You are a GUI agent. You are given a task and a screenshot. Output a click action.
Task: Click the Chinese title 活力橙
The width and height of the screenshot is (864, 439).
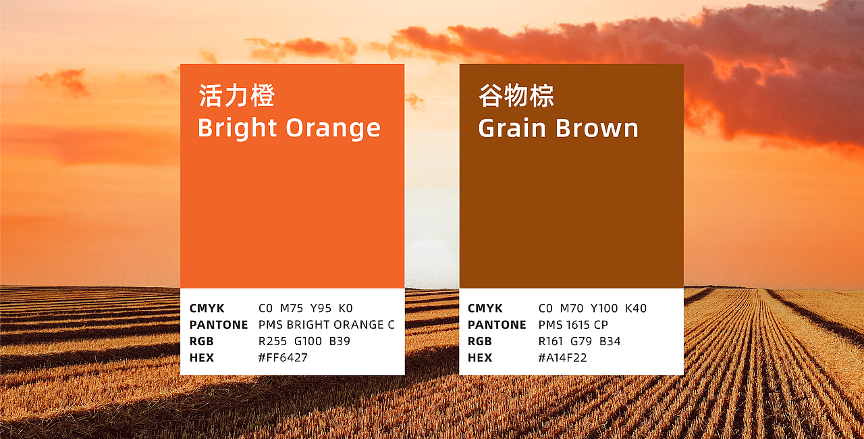[236, 96]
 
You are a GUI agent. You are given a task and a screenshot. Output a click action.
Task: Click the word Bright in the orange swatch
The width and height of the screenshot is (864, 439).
[238, 128]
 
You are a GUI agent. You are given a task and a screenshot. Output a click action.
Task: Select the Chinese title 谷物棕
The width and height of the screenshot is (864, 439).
[516, 96]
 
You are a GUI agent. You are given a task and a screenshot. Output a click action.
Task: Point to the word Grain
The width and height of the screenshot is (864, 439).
[516, 128]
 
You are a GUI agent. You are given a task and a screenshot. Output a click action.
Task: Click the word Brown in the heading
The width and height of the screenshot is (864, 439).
[597, 128]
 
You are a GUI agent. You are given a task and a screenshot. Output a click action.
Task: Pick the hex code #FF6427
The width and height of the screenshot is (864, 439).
[283, 358]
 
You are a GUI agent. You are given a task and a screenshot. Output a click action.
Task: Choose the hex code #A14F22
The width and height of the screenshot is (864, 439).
[562, 358]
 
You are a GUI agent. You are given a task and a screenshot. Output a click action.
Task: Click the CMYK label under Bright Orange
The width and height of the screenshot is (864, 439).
[207, 309]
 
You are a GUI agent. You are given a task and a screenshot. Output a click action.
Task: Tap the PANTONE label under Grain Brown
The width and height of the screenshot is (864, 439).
[497, 325]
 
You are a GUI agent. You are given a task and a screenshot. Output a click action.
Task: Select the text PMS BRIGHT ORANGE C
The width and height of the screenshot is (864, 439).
[326, 325]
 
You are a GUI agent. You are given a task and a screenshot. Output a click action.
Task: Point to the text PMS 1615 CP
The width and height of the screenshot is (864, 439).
[572, 325]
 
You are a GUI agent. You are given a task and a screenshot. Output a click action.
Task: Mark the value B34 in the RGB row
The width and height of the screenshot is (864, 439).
[610, 342]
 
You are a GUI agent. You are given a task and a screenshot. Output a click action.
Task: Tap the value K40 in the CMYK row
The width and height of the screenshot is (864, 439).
[635, 309]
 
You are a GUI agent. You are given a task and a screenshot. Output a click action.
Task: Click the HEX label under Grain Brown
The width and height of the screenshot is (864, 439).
[480, 358]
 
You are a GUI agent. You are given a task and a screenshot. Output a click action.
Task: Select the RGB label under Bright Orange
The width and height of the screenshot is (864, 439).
[201, 342]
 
